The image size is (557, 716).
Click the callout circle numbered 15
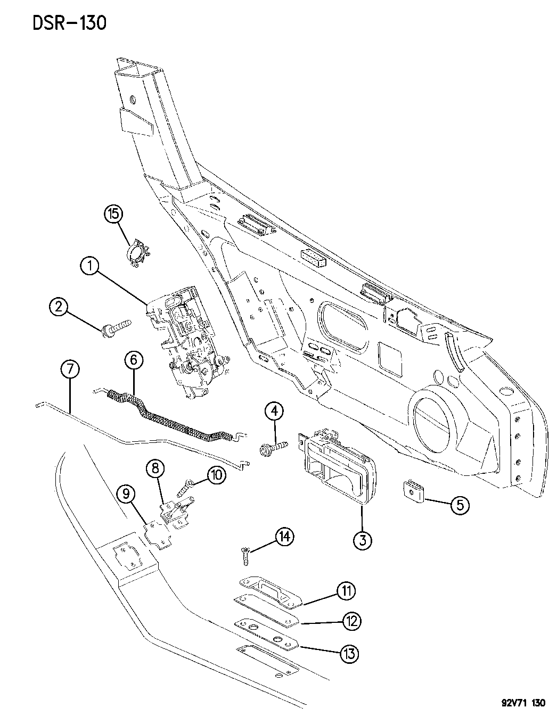pos(113,215)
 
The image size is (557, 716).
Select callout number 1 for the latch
pos(90,265)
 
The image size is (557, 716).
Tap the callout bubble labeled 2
pos(59,306)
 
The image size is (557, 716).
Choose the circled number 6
pos(134,360)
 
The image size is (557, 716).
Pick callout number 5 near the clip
pos(460,505)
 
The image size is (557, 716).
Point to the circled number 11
pos(346,590)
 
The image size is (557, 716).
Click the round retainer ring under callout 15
pos(139,253)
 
